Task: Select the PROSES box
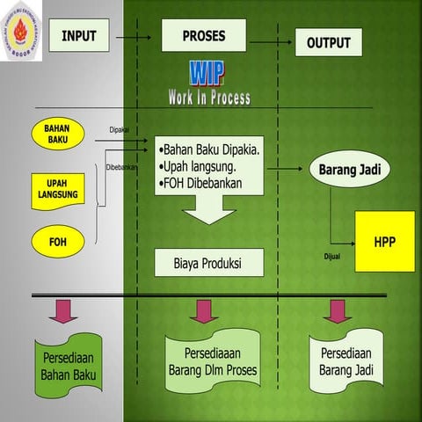(x=203, y=36)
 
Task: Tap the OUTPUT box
(x=328, y=42)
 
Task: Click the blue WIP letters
(x=206, y=74)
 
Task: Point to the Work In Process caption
(x=209, y=98)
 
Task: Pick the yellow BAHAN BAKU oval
(x=63, y=135)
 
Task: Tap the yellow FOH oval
(x=58, y=239)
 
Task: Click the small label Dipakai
(x=119, y=129)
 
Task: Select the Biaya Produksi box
(x=208, y=262)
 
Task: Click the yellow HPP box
(x=384, y=240)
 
